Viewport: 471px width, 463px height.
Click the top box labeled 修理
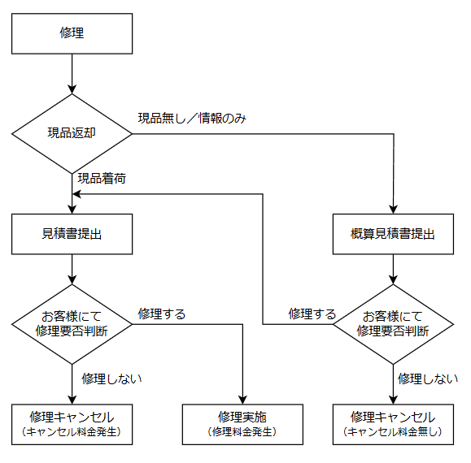72,33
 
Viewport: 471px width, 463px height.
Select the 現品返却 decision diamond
72,133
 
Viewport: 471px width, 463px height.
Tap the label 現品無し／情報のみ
192,119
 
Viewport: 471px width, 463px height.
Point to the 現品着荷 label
101,177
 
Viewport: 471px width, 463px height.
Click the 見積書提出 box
72,234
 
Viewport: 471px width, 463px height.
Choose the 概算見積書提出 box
393,234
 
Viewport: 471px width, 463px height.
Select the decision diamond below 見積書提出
72,324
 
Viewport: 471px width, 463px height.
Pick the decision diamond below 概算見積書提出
393,324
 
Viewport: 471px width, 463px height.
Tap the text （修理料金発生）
242,431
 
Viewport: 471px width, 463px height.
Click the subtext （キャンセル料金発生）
72,431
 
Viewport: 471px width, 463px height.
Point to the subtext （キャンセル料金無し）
393,431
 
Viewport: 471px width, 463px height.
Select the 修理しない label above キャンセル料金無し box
427,378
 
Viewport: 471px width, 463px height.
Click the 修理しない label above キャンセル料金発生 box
111,378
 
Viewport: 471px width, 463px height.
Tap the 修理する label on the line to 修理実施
161,314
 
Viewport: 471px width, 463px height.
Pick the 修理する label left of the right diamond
312,314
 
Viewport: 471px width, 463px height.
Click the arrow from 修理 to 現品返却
72,73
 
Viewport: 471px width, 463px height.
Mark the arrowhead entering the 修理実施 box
242,398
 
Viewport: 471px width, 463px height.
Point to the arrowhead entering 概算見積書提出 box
393,208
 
